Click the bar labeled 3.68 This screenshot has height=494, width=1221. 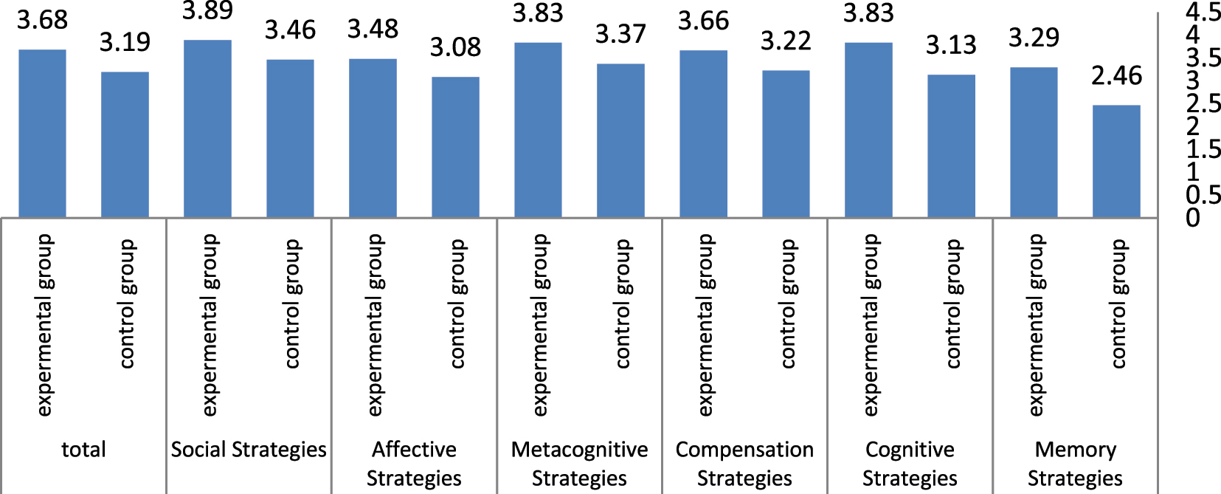pos(42,133)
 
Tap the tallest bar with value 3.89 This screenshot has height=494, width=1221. pos(207,128)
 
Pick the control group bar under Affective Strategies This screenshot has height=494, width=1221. pos(455,147)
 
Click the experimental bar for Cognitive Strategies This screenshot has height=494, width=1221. pos(868,130)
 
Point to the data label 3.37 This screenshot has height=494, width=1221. pos(620,34)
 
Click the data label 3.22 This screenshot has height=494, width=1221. pos(786,41)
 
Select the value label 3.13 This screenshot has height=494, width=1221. pos(951,46)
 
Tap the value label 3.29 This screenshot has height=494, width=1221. pos(1034,38)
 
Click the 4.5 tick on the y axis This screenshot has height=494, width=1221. pos(1203,12)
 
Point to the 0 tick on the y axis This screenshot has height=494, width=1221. pos(1193,219)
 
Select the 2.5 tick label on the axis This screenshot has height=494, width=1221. pos(1203,104)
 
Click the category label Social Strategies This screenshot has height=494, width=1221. pos(249,450)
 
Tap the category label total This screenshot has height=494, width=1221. pos(83,450)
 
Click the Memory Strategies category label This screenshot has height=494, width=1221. pos(1075,464)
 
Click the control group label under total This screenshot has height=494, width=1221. pos(127,303)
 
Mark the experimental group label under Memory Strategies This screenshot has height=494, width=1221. pos(1036,325)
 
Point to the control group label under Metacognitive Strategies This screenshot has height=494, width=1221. pos(623,303)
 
